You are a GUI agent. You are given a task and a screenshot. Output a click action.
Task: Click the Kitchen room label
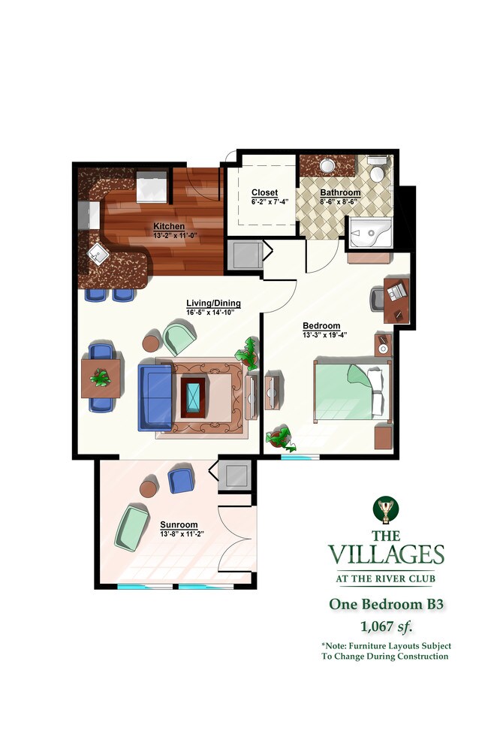(169, 226)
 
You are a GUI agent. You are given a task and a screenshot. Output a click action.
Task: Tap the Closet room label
(264, 193)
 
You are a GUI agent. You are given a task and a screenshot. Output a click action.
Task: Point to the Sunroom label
(179, 524)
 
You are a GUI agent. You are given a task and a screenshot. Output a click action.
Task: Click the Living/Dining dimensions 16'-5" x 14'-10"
(214, 313)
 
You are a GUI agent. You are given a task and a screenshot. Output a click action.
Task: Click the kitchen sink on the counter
(98, 253)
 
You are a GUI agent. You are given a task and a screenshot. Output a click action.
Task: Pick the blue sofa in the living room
(155, 396)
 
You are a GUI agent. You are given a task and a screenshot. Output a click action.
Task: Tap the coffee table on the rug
(194, 396)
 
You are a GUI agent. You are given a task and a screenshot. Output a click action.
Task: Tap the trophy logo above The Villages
(386, 512)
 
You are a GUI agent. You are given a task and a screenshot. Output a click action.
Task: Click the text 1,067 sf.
(386, 625)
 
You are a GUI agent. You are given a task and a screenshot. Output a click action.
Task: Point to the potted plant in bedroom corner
(279, 436)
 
